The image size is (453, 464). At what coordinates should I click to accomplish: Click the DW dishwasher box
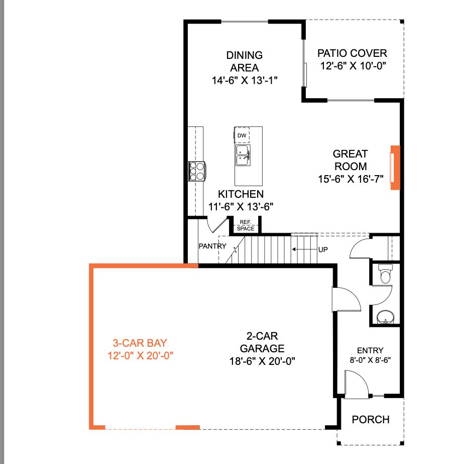pyautogui.click(x=242, y=135)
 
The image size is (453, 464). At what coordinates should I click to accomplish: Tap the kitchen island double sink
pyautogui.click(x=243, y=156)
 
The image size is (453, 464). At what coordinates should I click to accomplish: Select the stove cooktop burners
pyautogui.click(x=197, y=171)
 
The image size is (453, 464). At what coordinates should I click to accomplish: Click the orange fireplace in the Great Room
pyautogui.click(x=395, y=168)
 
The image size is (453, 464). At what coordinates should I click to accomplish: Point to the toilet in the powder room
pyautogui.click(x=385, y=274)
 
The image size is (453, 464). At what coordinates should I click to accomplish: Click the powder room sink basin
pyautogui.click(x=385, y=317)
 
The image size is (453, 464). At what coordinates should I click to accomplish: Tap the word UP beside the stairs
pyautogui.click(x=323, y=250)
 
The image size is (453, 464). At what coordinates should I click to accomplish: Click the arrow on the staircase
pyautogui.click(x=305, y=249)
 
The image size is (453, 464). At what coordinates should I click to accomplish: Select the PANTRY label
pyautogui.click(x=212, y=246)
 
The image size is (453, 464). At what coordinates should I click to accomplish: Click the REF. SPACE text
pyautogui.click(x=246, y=225)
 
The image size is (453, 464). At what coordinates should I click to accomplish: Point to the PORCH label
pyautogui.click(x=371, y=419)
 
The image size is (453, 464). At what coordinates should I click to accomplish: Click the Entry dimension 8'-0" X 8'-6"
pyautogui.click(x=370, y=360)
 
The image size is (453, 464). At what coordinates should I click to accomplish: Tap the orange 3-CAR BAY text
pyautogui.click(x=140, y=343)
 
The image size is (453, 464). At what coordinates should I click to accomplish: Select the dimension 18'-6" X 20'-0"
pyautogui.click(x=262, y=361)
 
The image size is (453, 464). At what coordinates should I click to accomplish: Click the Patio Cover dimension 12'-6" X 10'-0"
pyautogui.click(x=353, y=66)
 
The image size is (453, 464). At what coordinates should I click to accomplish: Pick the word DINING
pyautogui.click(x=245, y=55)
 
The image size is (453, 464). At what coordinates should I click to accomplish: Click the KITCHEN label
pyautogui.click(x=241, y=194)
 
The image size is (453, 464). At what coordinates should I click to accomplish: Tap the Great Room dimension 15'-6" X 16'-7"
pyautogui.click(x=351, y=179)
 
